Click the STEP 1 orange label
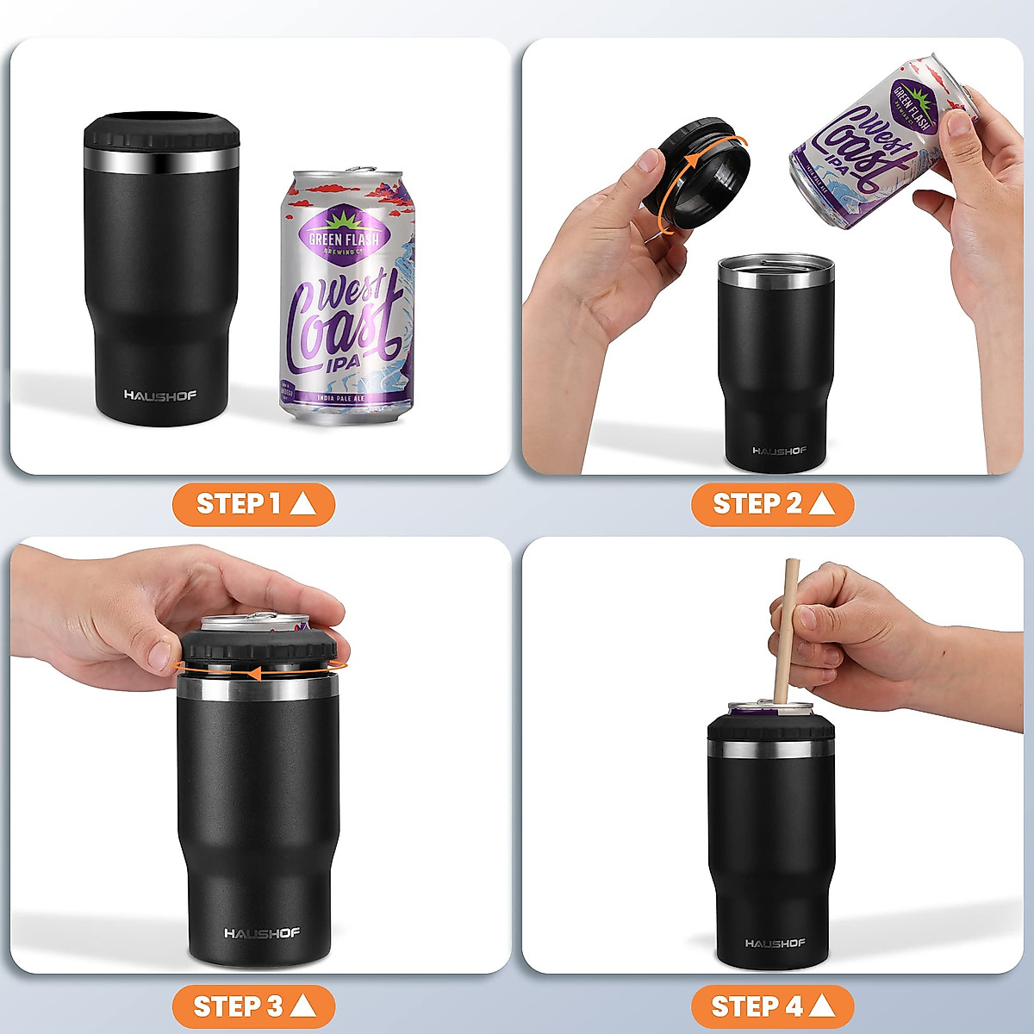253,504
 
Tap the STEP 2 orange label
772,504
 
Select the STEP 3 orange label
253,1006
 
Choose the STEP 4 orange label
772,1006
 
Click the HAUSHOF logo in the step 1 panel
160,396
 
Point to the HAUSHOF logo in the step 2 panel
779,451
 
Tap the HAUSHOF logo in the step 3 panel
262,933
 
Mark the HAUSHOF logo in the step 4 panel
775,944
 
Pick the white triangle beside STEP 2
822,504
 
